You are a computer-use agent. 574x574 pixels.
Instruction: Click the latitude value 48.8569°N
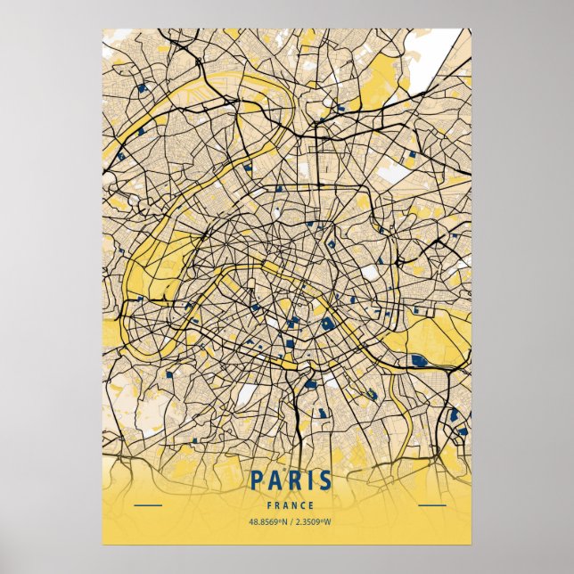coord(264,522)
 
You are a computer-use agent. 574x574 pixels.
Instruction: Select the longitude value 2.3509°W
coord(311,522)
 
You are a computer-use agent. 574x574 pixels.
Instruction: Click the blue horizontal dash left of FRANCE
coord(147,505)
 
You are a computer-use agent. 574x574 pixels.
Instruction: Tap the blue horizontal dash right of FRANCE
coord(431,505)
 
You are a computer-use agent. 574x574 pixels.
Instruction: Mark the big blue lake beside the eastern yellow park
coord(418,360)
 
